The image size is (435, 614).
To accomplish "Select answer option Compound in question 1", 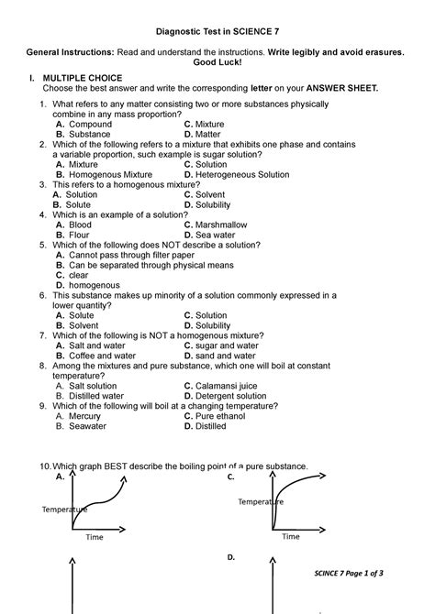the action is click(x=90, y=124).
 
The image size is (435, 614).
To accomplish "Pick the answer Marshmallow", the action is click(x=221, y=225).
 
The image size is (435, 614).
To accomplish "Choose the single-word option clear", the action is click(x=78, y=275).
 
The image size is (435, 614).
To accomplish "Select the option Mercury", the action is click(x=84, y=416).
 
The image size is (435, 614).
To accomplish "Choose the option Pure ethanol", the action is click(x=220, y=416).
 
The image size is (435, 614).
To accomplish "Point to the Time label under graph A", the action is click(x=95, y=537).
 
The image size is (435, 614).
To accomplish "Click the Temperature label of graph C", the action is click(x=261, y=502).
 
